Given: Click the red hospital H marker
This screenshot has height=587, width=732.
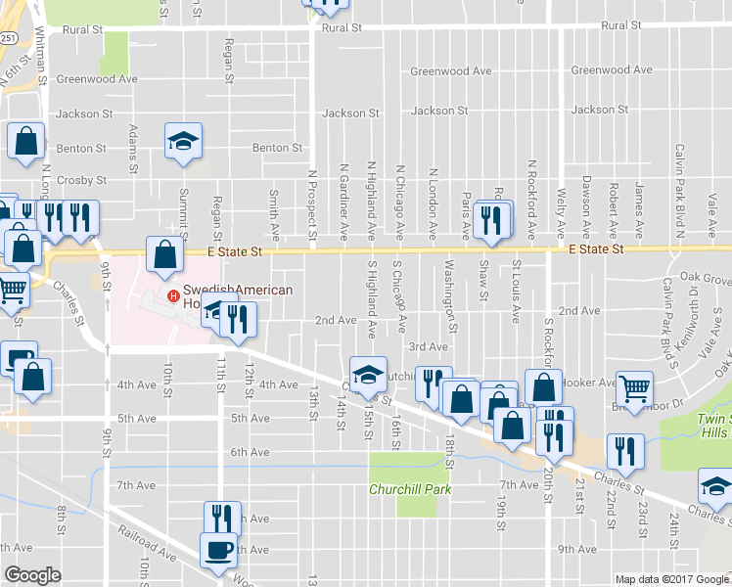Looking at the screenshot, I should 173,296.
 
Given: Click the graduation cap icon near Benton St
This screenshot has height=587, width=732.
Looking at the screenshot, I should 182,142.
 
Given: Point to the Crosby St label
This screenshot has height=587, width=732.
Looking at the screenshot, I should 81,180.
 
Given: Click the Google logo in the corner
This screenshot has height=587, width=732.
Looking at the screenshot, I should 32,575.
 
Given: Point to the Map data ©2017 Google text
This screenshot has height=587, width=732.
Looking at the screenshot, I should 671,579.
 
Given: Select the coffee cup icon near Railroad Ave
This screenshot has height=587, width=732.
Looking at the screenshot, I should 217,551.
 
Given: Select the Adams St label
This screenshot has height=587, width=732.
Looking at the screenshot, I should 132,147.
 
